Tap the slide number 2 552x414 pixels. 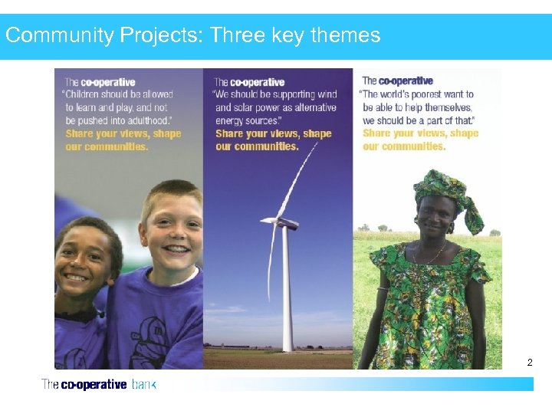click(x=529, y=361)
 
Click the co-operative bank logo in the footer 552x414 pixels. click(x=98, y=384)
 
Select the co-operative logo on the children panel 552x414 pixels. click(x=100, y=82)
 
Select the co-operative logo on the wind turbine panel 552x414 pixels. click(x=250, y=82)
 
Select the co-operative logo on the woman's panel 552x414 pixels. click(x=397, y=80)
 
